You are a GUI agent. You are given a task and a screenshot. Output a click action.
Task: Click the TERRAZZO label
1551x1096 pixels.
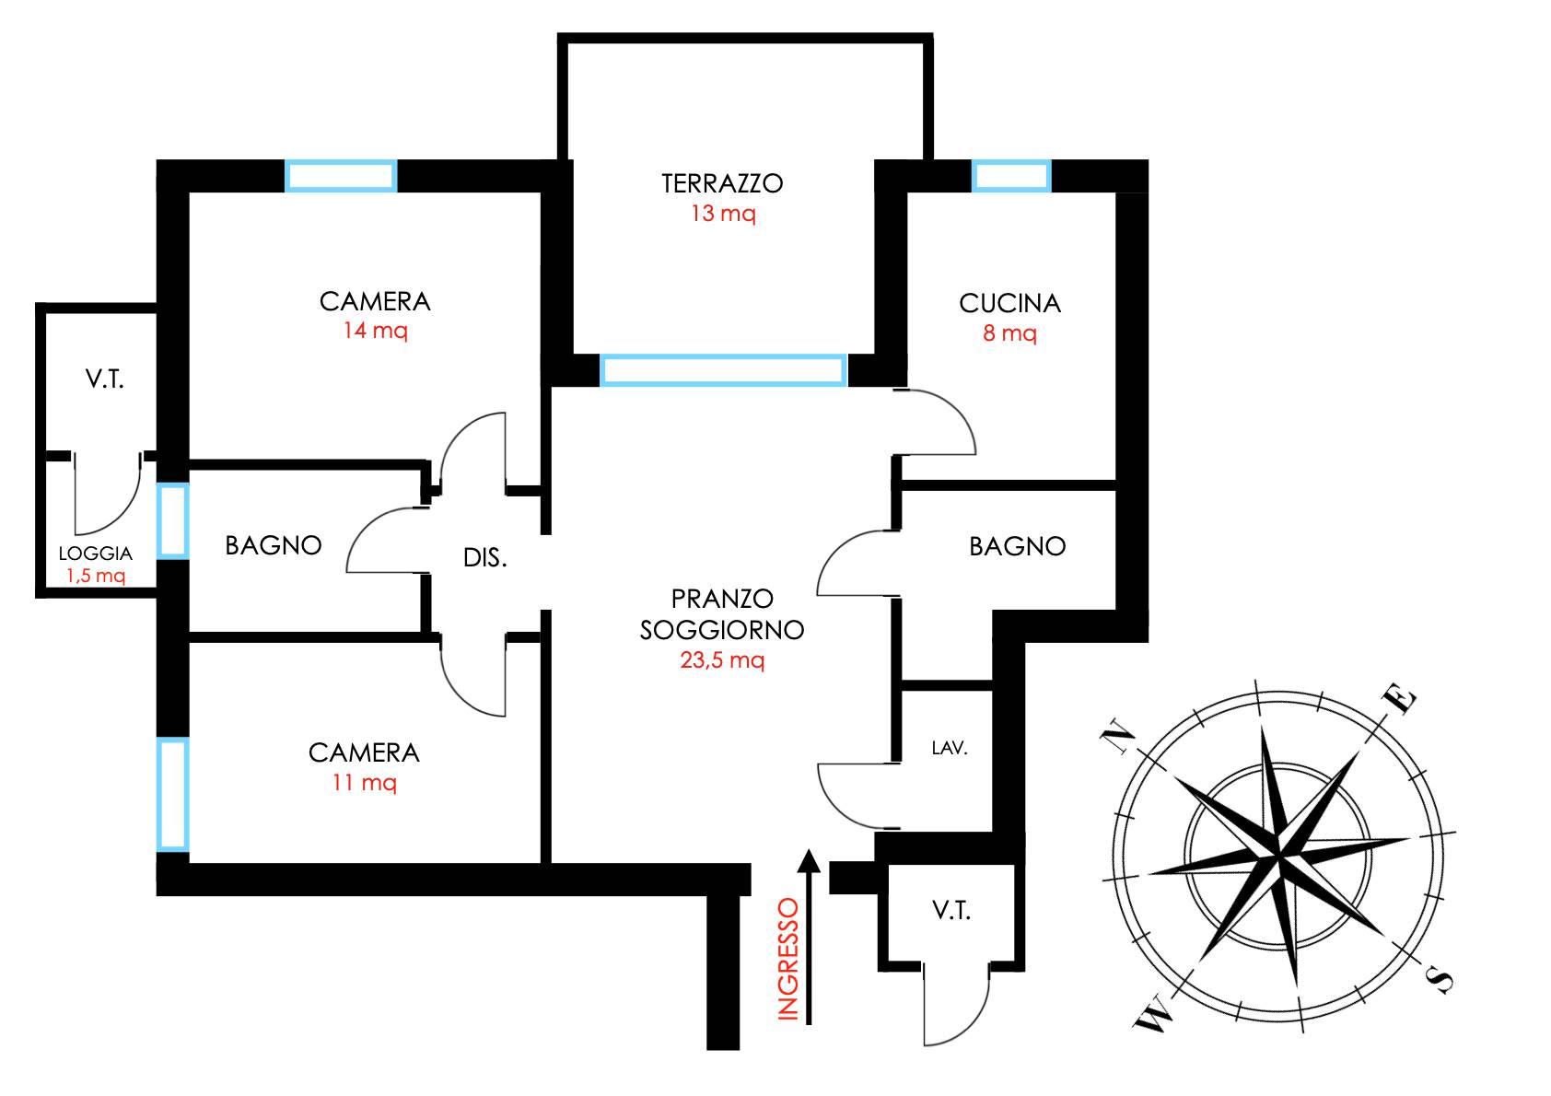[x=721, y=183]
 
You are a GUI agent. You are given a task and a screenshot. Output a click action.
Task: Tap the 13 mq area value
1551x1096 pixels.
[x=723, y=214]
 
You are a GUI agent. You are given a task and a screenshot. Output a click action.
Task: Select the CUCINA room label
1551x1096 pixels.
[x=1009, y=303]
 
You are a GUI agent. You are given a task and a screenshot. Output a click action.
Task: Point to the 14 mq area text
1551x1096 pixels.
[x=375, y=331]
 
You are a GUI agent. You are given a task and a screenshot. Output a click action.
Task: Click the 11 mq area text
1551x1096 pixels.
[x=364, y=782]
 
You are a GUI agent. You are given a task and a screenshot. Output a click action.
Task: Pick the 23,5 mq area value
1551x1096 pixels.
[x=722, y=659]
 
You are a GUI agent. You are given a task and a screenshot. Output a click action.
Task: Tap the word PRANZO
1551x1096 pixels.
[x=722, y=599]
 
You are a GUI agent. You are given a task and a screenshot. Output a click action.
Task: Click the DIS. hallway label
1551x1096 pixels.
[x=484, y=558]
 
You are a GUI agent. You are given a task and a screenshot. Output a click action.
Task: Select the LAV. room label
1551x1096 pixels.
[x=950, y=749]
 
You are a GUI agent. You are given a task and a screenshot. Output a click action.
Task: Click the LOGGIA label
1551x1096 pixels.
[x=96, y=554]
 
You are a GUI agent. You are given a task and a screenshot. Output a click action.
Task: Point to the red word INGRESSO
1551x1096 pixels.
[x=788, y=960]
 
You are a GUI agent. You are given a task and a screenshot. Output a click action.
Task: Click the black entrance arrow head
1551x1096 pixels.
[x=809, y=860]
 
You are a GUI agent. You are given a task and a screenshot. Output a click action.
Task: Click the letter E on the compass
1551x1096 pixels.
[x=1399, y=699]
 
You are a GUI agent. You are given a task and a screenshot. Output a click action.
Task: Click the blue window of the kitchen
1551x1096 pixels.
[x=1011, y=176]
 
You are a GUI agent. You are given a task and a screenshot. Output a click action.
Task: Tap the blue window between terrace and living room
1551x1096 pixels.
[x=724, y=369]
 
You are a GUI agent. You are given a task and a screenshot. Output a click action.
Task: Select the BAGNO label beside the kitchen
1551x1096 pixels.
[x=1017, y=547]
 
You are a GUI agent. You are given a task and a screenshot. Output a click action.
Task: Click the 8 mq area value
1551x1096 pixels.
[x=1009, y=333]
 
